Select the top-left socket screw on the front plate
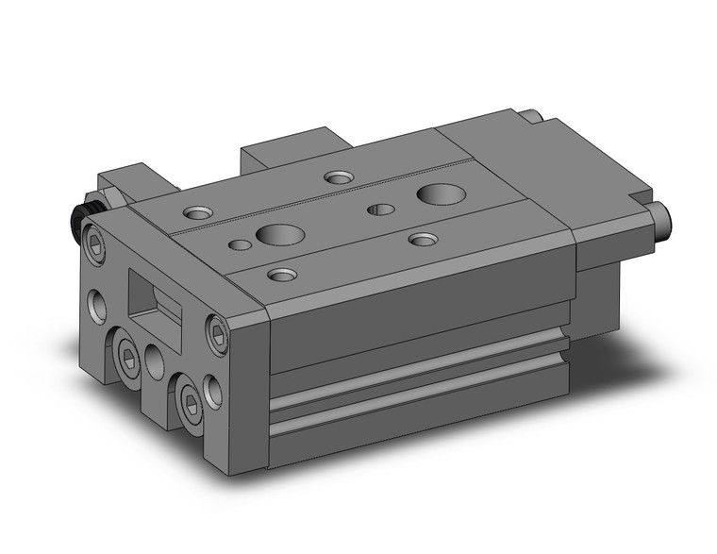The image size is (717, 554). click(x=97, y=243)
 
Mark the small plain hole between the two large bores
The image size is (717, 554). click(x=381, y=209)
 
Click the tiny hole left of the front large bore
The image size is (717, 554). click(x=242, y=246)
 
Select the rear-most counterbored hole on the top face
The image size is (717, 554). click(x=337, y=176)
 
